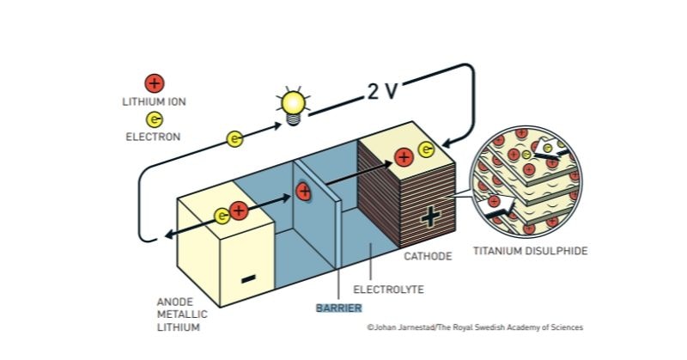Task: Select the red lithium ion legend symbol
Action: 155,83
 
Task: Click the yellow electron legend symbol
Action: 154,119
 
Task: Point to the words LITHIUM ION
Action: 155,101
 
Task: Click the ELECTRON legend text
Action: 153,137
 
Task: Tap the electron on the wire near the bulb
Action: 234,139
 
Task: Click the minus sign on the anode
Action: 248,278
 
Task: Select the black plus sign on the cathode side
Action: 430,217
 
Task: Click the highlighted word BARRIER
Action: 339,308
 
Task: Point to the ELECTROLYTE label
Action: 388,290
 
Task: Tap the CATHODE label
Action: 428,256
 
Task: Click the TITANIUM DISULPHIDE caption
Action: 530,251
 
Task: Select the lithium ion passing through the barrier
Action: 303,192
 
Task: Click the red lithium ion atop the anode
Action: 239,211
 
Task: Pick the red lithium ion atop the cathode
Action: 404,157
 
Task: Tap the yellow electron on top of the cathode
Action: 426,149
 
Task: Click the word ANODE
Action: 175,302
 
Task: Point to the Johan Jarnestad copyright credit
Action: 476,327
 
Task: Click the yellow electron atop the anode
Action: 222,216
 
